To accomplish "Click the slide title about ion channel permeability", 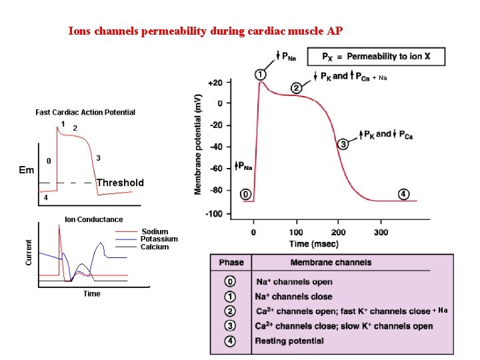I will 206,31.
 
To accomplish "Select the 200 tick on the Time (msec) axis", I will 338,233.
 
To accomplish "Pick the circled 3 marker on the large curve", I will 343,144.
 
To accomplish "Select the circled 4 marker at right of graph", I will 404,194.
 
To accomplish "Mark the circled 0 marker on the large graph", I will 245,194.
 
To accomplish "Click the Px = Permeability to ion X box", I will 375,57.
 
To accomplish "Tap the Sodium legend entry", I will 155,232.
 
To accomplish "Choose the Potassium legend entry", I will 159,239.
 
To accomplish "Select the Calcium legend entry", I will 155,247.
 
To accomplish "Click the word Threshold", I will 120,183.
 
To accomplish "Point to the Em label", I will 27,170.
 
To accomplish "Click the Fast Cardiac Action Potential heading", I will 85,112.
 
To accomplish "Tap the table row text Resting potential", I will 289,341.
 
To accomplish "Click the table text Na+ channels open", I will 293,282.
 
